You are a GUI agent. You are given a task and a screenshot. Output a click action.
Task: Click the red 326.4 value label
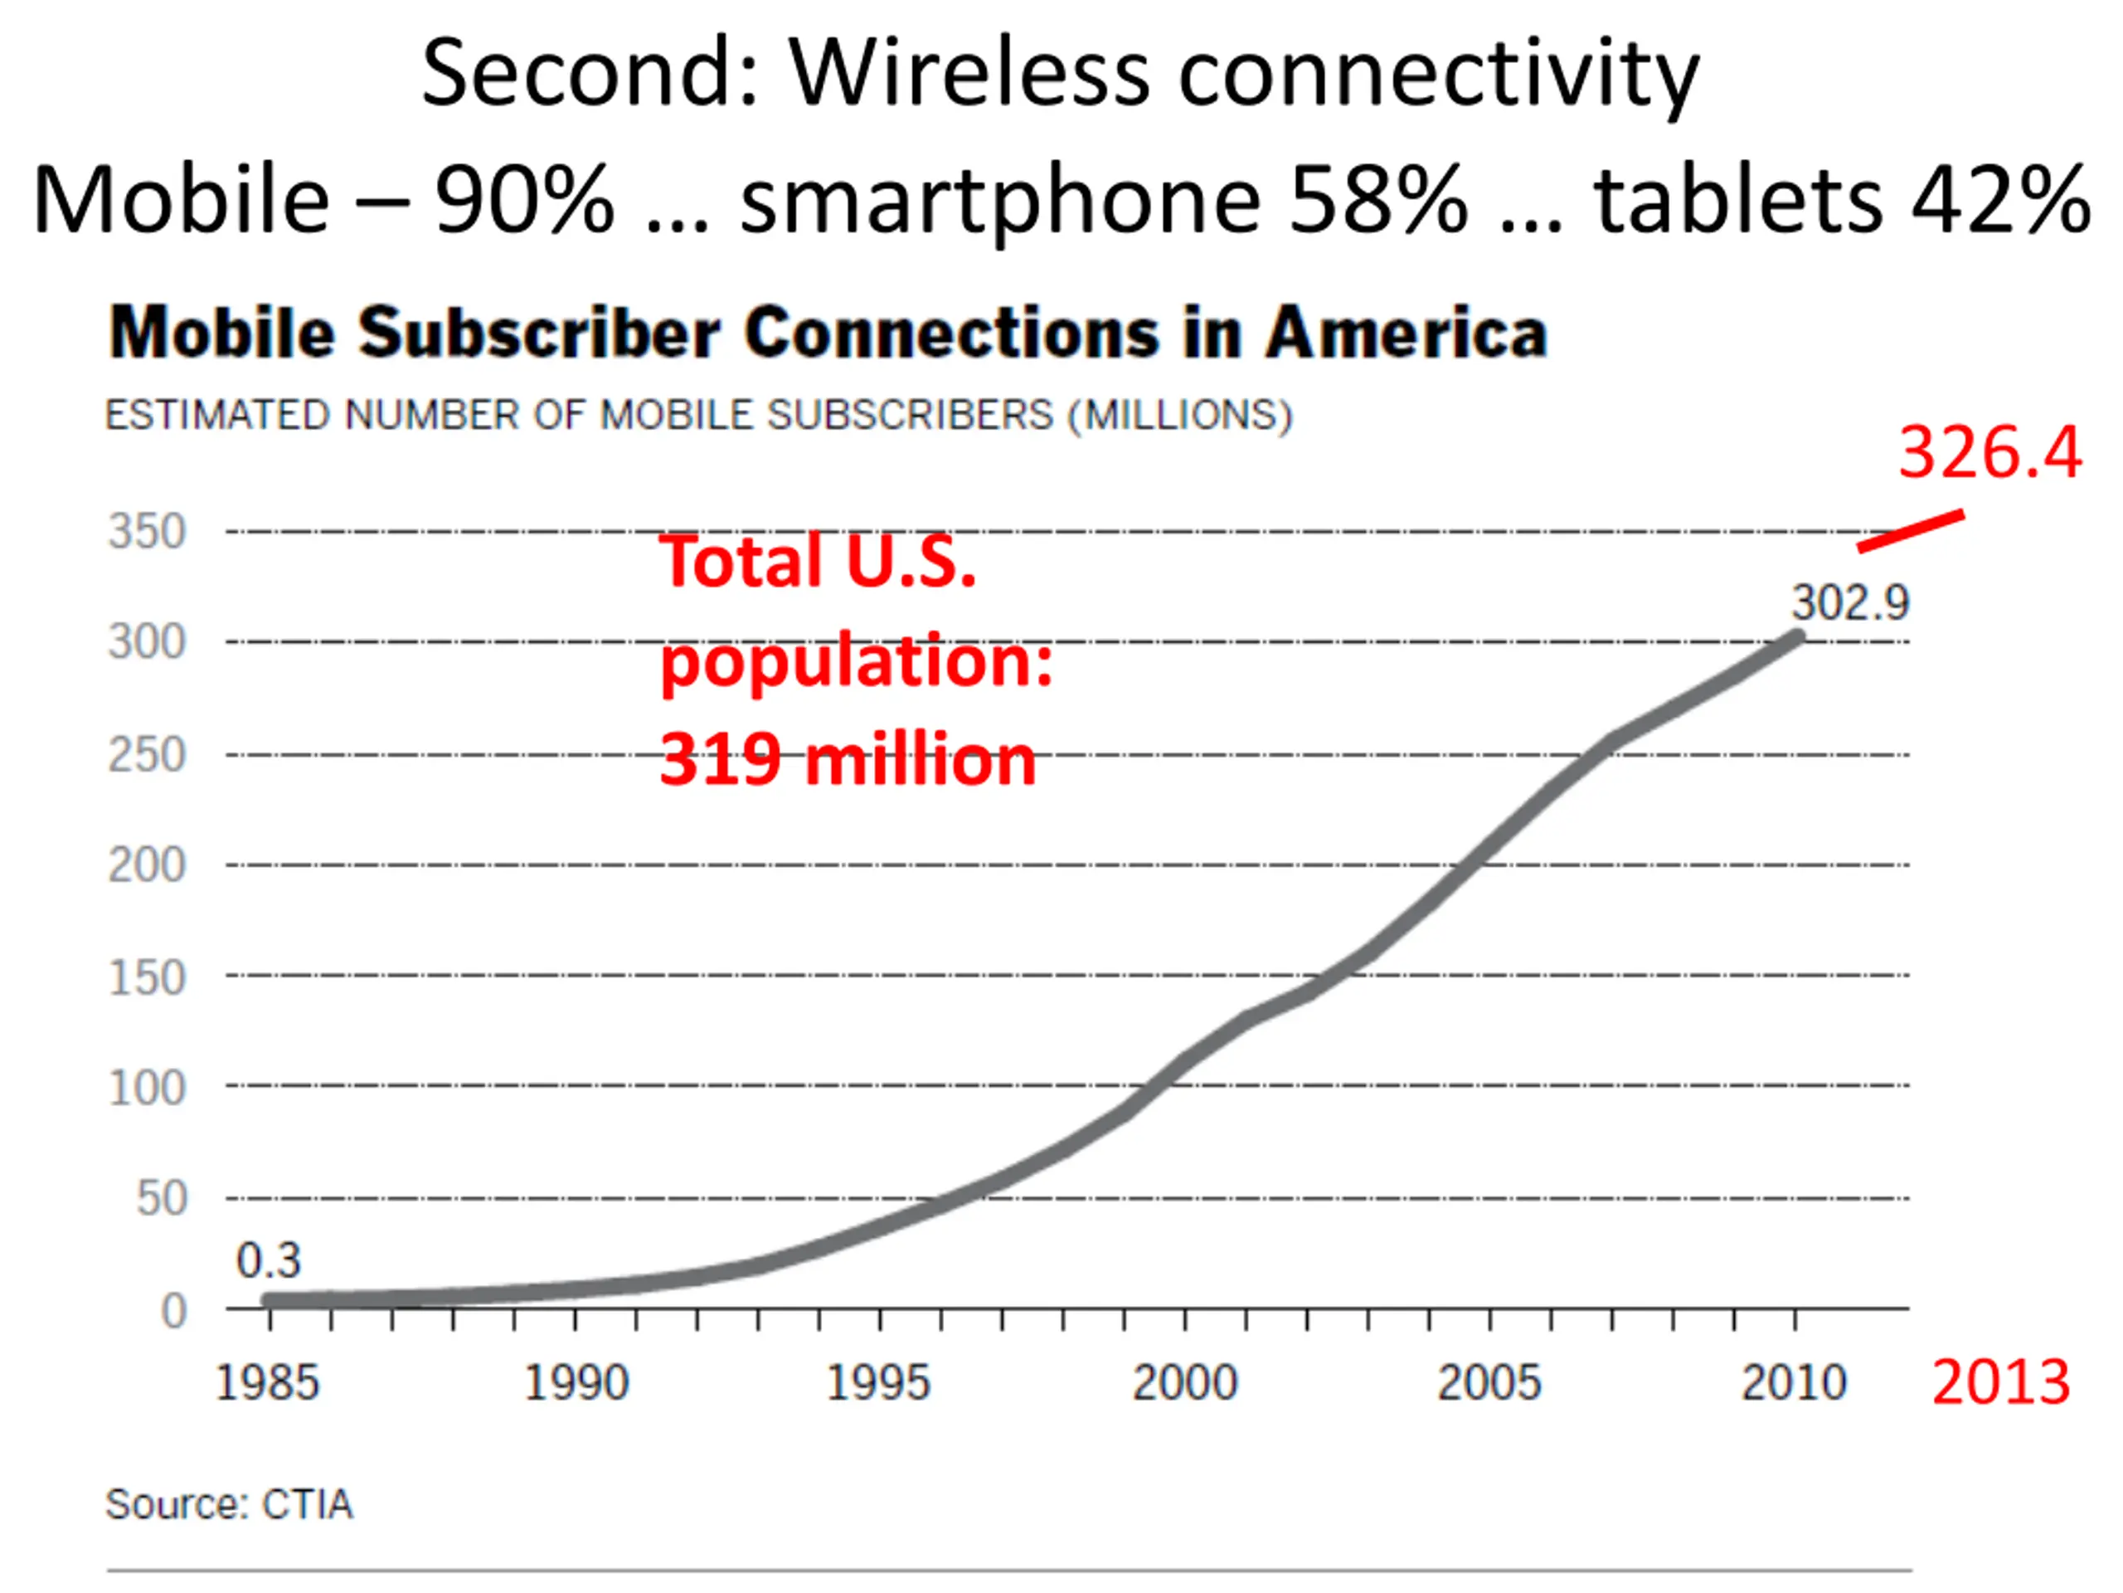tap(1989, 452)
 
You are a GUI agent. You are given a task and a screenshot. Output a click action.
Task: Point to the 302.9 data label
tap(1850, 603)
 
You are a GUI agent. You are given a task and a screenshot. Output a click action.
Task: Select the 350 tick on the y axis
tap(147, 531)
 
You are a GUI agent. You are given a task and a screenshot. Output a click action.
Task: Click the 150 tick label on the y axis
tap(147, 977)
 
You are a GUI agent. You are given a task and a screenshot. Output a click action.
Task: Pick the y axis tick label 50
tap(161, 1198)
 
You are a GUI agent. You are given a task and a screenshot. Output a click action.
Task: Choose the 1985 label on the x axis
tap(267, 1384)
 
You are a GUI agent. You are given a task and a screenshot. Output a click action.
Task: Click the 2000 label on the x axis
tap(1185, 1384)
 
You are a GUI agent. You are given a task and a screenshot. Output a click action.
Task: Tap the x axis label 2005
tap(1489, 1384)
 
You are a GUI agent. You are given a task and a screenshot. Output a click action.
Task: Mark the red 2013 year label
tap(2001, 1383)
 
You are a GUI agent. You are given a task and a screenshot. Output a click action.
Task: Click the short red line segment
tap(1910, 531)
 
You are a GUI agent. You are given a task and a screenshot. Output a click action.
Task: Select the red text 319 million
tap(848, 761)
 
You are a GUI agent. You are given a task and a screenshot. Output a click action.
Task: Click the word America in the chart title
tap(1406, 334)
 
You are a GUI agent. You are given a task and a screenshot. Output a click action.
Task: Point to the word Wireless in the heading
tap(969, 74)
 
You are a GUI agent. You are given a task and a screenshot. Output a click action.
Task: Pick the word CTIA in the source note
tap(307, 1505)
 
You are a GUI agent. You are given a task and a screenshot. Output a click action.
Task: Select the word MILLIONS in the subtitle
tap(1181, 415)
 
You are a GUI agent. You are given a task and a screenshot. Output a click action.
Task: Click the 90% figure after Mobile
tap(524, 201)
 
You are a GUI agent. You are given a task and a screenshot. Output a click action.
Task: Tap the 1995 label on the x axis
tap(878, 1384)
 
